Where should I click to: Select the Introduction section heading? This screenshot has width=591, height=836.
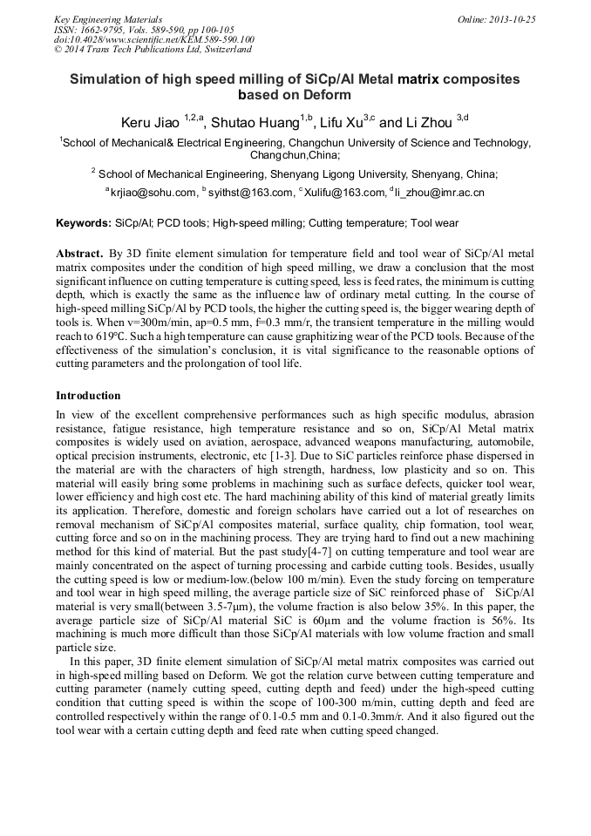(88, 395)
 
